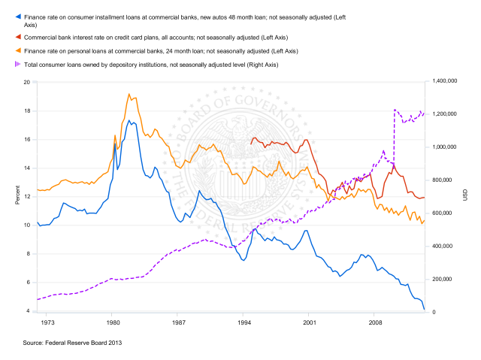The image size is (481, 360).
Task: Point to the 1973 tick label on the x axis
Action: pos(47,322)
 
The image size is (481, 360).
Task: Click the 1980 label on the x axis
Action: pos(112,322)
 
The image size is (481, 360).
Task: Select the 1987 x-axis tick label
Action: pos(177,322)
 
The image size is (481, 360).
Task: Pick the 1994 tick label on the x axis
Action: pos(242,322)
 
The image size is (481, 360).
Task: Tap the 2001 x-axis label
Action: pos(307,322)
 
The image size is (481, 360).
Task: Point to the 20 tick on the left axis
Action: pos(27,82)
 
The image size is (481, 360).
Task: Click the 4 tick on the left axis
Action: pos(29,310)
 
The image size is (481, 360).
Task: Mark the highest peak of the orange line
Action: pos(129,94)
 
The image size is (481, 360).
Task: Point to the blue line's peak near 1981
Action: pos(129,120)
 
